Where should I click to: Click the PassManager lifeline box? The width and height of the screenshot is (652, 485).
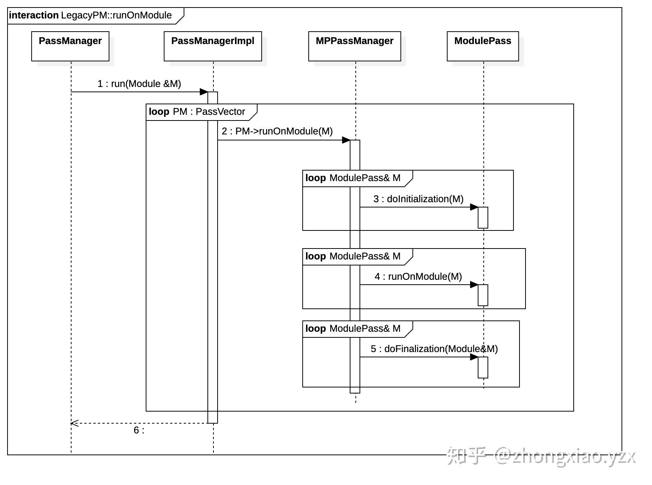[70, 46]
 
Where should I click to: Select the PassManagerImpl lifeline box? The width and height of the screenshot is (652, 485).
[213, 46]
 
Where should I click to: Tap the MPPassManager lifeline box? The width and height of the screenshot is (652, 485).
[355, 46]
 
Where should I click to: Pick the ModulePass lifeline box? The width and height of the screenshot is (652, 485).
[483, 46]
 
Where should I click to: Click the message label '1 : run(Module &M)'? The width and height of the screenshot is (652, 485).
[139, 84]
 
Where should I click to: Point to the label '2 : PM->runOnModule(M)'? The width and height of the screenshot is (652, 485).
[277, 131]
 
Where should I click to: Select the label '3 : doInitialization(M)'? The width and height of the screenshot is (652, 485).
[418, 199]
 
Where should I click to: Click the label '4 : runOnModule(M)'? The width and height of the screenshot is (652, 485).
[418, 276]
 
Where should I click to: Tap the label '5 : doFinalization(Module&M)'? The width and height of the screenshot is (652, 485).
[434, 349]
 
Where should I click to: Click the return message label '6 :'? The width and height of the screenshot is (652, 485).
[139, 430]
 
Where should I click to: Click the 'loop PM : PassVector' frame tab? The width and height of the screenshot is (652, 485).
[197, 112]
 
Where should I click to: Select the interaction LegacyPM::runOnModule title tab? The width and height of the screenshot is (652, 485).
[91, 15]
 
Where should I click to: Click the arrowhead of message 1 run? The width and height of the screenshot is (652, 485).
[204, 92]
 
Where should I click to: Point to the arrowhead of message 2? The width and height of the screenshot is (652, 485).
[346, 140]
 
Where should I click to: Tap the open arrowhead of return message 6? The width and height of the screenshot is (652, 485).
[74, 423]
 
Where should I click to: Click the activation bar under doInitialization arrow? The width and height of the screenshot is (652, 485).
[483, 218]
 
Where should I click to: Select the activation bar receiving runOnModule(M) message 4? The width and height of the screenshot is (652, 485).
[483, 295]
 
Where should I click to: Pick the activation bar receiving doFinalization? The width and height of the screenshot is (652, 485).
[483, 368]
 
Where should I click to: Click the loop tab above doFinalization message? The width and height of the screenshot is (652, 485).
[353, 329]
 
